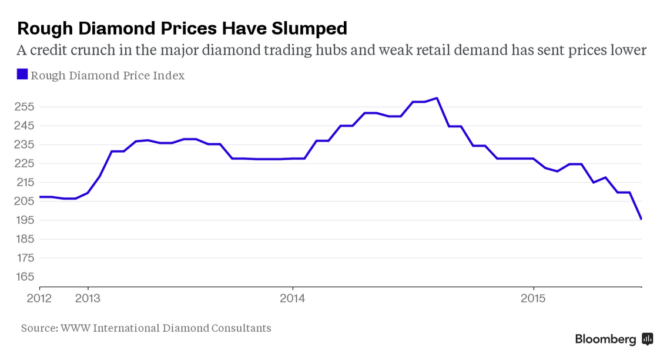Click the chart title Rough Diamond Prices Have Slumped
tap(182, 28)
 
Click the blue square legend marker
tap(22, 74)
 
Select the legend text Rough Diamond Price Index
tap(108, 75)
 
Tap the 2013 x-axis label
tap(88, 298)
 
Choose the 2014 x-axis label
tap(293, 298)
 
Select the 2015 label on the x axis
tap(533, 298)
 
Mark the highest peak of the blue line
tap(437, 98)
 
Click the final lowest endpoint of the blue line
tap(641, 219)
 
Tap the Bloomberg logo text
tap(605, 339)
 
